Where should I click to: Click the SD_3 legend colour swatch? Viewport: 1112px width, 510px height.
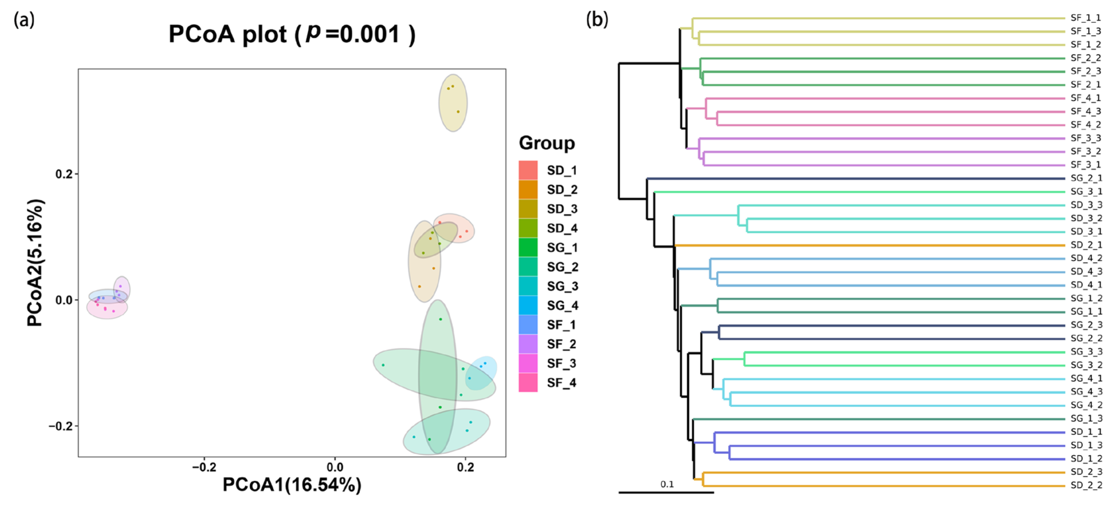(x=528, y=209)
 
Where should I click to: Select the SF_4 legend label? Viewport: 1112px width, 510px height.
(x=561, y=383)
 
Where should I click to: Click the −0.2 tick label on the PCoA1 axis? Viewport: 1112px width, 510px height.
(x=204, y=467)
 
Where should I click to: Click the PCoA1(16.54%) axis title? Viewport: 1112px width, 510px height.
(x=292, y=485)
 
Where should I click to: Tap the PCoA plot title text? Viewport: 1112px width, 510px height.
(x=292, y=34)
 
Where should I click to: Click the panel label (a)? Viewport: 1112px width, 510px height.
(x=24, y=20)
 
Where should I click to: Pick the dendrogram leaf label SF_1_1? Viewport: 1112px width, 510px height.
(x=1086, y=18)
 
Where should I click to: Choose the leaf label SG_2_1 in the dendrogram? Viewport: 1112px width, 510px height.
(x=1086, y=178)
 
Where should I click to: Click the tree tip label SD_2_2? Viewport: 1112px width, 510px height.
(x=1086, y=486)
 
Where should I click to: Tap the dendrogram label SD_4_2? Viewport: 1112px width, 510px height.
(x=1086, y=258)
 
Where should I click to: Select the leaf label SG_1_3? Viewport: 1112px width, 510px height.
(x=1086, y=418)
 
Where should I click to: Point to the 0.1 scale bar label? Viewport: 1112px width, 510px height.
(x=667, y=484)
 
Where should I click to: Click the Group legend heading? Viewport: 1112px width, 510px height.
(x=547, y=143)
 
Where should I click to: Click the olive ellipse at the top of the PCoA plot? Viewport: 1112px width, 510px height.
(x=453, y=103)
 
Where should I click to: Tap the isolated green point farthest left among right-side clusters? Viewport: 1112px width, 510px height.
(x=383, y=365)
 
